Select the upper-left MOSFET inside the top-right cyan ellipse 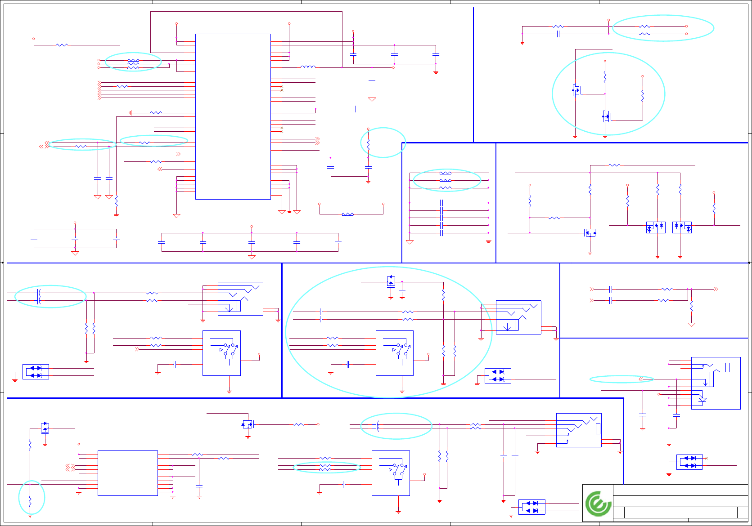tap(576, 90)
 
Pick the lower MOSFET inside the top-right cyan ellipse tap(606, 116)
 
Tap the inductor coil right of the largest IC tap(308, 67)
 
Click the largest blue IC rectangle tap(233, 116)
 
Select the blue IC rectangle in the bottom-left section tap(127, 473)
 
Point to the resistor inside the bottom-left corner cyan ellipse tap(30, 501)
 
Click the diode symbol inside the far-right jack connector tap(702, 400)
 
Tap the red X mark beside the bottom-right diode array tap(706, 458)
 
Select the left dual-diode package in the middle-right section tap(656, 227)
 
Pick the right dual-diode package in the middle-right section tap(682, 227)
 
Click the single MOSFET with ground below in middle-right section tap(590, 233)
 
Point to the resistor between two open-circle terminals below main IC tap(347, 214)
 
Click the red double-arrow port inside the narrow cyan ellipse tap(640, 379)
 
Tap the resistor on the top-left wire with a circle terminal tap(62, 45)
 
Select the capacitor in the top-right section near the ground tap(558, 34)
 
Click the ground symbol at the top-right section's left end tap(522, 43)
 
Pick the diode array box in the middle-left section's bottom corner tap(36, 372)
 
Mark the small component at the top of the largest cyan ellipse tap(391, 281)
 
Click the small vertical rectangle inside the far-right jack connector tap(727, 367)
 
